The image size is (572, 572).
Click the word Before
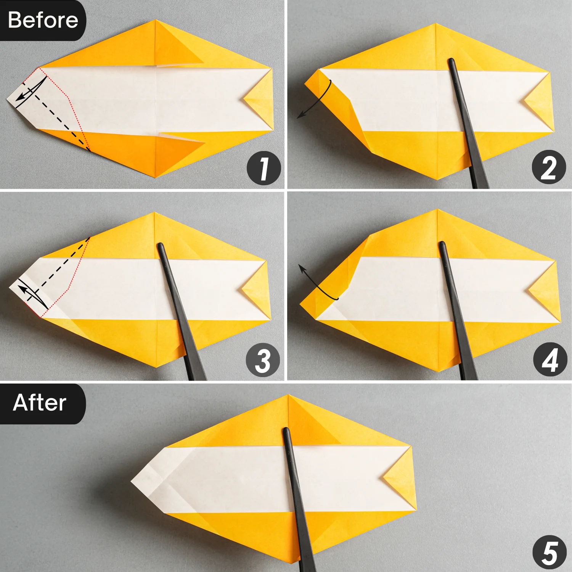[x=43, y=20]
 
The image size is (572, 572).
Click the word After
[x=40, y=403]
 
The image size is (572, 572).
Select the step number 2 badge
[x=549, y=167]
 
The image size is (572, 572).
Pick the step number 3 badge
[x=263, y=360]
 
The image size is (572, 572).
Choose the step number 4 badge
[x=550, y=360]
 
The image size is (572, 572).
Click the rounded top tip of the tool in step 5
[x=286, y=431]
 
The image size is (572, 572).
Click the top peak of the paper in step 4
[x=437, y=210]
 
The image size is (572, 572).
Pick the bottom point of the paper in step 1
[x=156, y=177]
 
